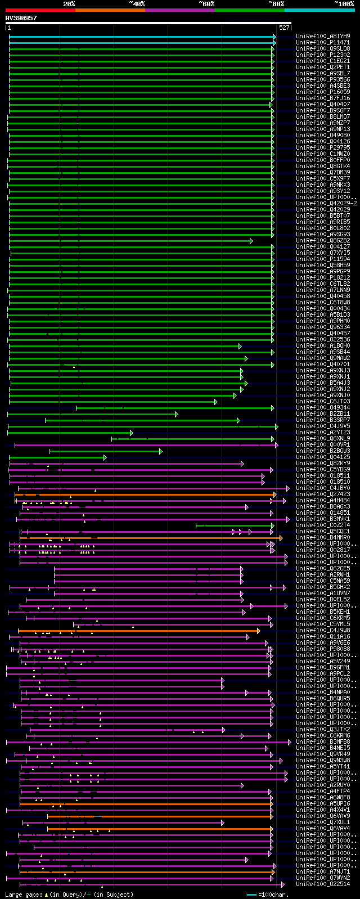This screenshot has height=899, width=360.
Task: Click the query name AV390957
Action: pyautogui.click(x=21, y=18)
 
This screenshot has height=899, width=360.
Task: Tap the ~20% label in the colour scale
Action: pyautogui.click(x=69, y=4)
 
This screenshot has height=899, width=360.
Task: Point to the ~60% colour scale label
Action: pyautogui.click(x=206, y=4)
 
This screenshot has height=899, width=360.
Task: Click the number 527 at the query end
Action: pyautogui.click(x=284, y=28)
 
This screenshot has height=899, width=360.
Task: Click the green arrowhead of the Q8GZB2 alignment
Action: pyautogui.click(x=251, y=241)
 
